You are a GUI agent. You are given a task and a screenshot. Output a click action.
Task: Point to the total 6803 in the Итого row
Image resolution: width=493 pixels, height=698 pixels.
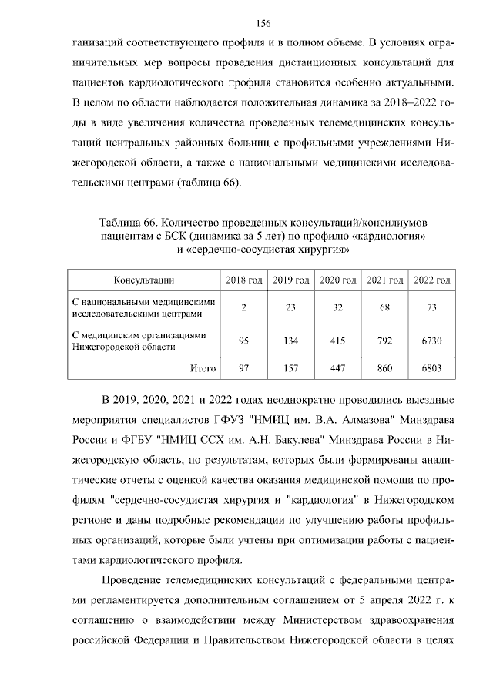coord(431,368)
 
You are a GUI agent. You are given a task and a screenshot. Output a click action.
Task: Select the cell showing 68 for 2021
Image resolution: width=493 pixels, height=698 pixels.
coord(384,308)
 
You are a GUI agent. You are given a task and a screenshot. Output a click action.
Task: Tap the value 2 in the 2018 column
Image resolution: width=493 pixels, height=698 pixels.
coord(243,308)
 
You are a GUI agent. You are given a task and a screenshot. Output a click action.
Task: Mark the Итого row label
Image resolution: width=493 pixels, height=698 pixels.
coord(203,368)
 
